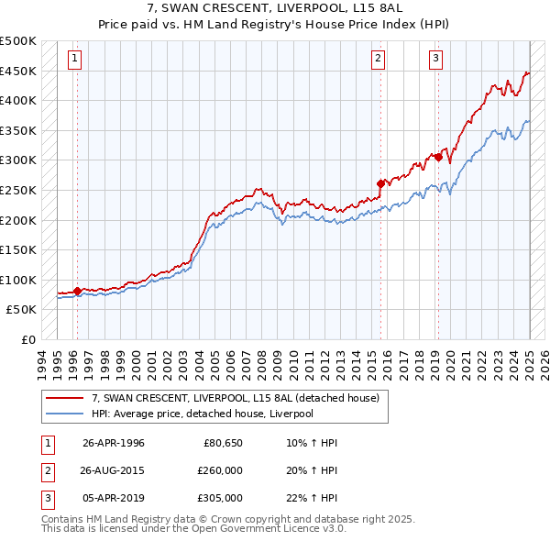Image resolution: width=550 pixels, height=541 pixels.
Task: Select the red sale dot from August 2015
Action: coord(380,183)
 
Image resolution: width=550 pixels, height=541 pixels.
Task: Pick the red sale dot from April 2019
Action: coord(438,157)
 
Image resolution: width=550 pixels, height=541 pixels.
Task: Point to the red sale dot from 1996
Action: coord(77,292)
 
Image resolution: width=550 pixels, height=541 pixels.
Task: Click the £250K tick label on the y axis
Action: coord(18,190)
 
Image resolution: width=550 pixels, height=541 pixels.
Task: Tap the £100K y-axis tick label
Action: coord(18,280)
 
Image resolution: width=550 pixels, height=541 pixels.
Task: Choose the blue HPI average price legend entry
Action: coord(202,414)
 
